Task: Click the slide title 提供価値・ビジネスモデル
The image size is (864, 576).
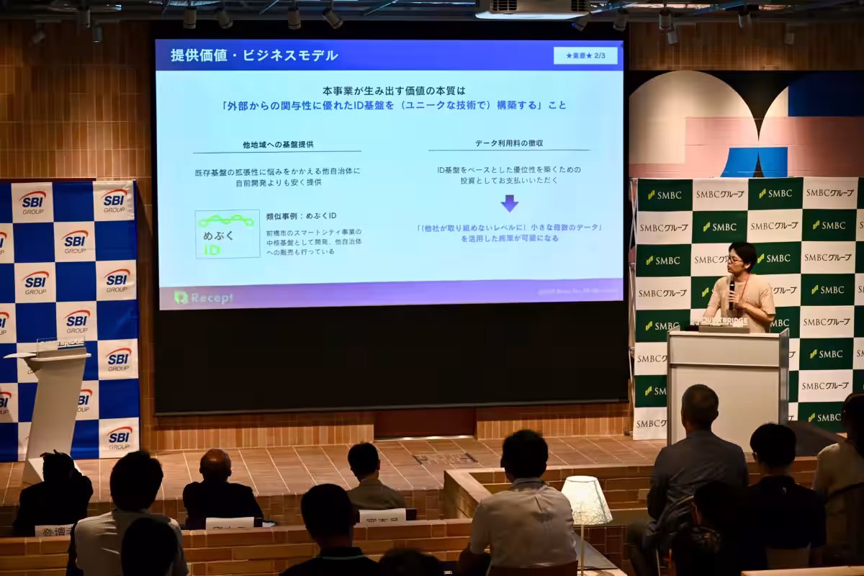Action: tap(254, 55)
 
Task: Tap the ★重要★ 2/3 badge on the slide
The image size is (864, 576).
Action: tap(585, 55)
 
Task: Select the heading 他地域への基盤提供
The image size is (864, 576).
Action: tap(277, 145)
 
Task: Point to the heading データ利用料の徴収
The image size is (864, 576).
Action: tap(509, 143)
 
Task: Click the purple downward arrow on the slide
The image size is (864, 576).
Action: tap(509, 203)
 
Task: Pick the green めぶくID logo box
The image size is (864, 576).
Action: tap(228, 234)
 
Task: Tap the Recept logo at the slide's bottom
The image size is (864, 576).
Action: tap(203, 297)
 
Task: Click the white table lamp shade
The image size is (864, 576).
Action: tap(586, 500)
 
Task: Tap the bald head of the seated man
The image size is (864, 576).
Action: tap(215, 464)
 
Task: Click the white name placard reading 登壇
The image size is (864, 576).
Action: tap(53, 531)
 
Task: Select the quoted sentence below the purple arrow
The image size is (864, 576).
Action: tap(509, 233)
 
